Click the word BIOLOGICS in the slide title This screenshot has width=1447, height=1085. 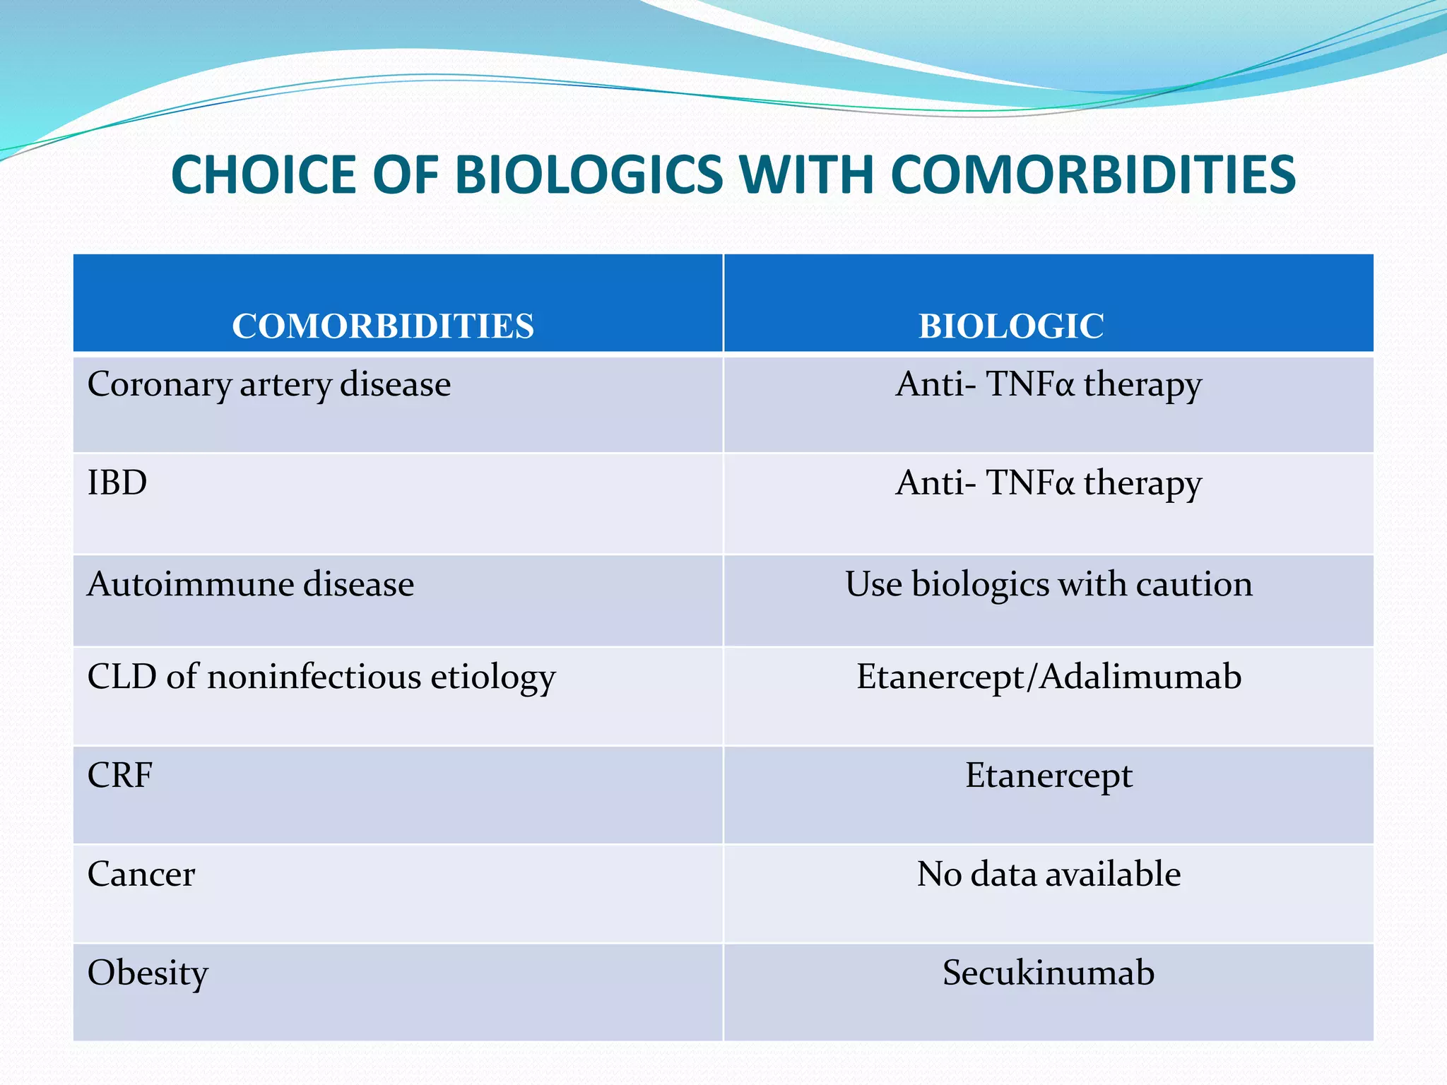pos(594,174)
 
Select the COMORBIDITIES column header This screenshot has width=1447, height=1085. pos(383,326)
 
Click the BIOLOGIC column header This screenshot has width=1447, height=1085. pos(1010,326)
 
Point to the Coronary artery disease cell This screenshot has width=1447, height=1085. pos(268,385)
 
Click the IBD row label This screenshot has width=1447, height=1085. pos(117,483)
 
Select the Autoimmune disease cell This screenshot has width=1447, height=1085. pos(250,585)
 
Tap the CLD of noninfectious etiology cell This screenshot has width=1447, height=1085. pos(321,677)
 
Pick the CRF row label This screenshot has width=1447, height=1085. pos(119,776)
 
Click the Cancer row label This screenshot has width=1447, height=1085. pos(141,874)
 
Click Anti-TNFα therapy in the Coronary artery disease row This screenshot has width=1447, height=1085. pos(1049,385)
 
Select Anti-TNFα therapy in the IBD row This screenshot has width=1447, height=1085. pos(1049,483)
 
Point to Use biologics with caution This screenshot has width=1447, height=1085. pos(1049,585)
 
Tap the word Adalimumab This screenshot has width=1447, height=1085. pos(1140,677)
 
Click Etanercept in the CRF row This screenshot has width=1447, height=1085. pos(1049,776)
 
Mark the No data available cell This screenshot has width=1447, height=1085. pos(1049,874)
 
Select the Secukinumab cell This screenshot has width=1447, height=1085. pos(1049,973)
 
